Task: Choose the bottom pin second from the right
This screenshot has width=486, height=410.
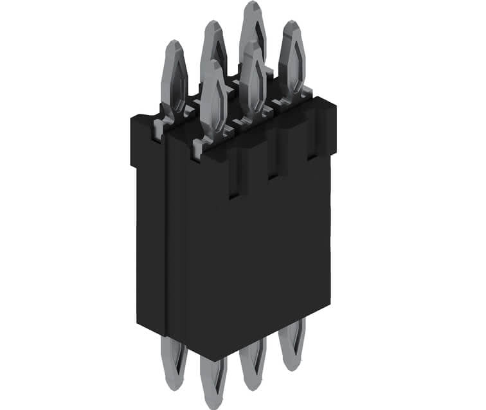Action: click(x=252, y=363)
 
